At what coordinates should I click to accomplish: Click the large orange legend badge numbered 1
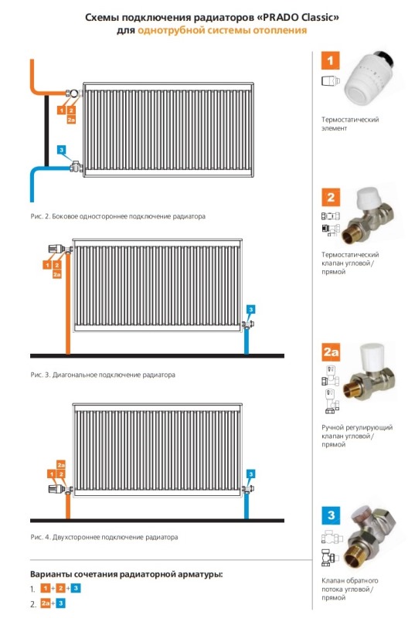click(330, 61)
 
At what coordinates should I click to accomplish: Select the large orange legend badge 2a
click(331, 352)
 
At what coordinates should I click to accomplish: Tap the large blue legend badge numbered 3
click(331, 514)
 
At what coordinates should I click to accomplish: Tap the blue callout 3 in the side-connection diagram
click(61, 150)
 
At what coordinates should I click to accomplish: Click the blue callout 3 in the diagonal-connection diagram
click(250, 310)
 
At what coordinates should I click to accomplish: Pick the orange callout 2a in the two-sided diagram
click(61, 464)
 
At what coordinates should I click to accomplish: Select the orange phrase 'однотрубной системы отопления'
click(222, 30)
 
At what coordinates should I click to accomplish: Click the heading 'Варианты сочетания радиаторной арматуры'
click(126, 574)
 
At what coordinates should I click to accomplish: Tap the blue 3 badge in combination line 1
click(76, 589)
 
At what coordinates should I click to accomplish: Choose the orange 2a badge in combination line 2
click(46, 603)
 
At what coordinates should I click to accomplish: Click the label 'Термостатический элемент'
click(350, 124)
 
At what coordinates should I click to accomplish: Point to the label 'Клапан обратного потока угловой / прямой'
click(349, 589)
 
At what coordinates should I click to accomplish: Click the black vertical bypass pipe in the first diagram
click(46, 131)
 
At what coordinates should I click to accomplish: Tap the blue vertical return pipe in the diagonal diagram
click(247, 341)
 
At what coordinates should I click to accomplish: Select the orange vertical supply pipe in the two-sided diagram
click(68, 506)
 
